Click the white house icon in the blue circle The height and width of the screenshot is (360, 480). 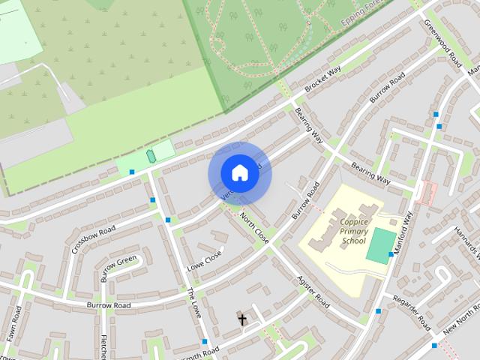click(x=239, y=172)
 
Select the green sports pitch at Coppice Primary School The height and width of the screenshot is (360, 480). click(x=380, y=244)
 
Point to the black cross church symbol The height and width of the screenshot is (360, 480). click(x=242, y=320)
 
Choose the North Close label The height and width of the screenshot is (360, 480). click(x=254, y=227)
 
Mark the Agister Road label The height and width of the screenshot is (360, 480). click(x=313, y=290)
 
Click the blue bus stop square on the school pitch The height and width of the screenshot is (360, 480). click(x=391, y=255)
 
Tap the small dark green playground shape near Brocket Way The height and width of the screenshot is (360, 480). click(x=151, y=156)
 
